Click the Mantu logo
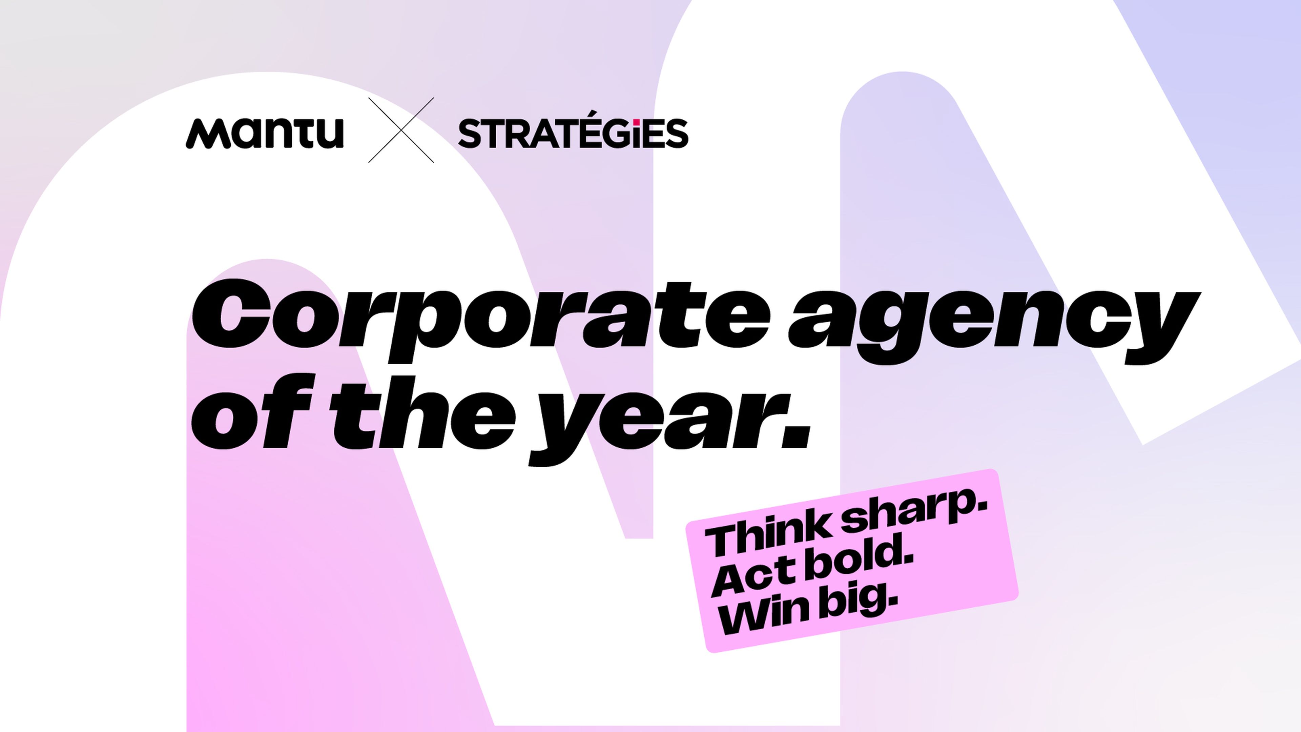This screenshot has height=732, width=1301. pos(265,134)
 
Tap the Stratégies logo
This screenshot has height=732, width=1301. pos(573,134)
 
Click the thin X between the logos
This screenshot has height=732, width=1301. pos(401,130)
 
